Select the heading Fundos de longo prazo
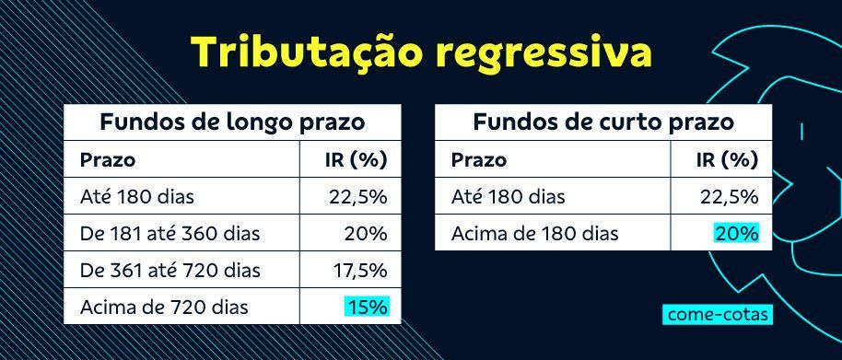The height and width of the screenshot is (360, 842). [232, 122]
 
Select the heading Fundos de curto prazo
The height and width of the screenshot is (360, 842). [602, 122]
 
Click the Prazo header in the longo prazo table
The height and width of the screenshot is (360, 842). [108, 159]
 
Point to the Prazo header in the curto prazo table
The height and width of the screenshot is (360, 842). [478, 159]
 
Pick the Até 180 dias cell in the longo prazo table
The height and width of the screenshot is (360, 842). [137, 196]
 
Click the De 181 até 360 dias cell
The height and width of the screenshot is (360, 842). [170, 233]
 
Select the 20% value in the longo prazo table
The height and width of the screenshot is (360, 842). [367, 233]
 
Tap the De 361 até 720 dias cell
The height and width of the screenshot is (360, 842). [170, 270]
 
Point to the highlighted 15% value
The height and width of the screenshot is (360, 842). [368, 306]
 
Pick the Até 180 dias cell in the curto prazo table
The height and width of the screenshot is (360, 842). [508, 196]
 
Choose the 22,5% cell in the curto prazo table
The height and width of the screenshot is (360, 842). [729, 196]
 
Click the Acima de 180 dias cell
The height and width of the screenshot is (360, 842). [534, 233]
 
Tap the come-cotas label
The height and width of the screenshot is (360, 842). [715, 314]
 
